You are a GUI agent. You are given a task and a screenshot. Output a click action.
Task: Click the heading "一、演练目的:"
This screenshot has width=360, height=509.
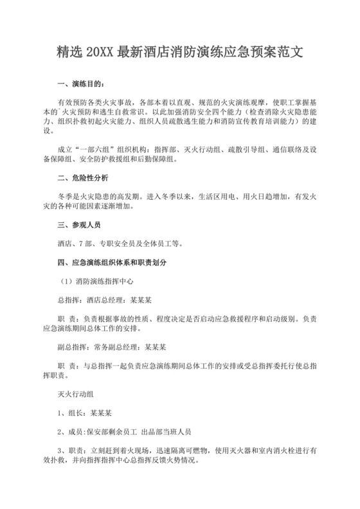[x=79, y=85]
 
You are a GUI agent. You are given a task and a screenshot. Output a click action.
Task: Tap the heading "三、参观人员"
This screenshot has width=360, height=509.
[x=79, y=226]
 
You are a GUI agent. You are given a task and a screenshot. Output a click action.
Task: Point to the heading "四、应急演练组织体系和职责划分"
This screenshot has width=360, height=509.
[x=113, y=263]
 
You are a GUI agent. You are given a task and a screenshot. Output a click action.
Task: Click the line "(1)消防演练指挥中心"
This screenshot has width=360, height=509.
[x=97, y=281]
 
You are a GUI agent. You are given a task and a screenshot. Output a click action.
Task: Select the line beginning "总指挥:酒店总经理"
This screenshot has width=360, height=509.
[x=105, y=299]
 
